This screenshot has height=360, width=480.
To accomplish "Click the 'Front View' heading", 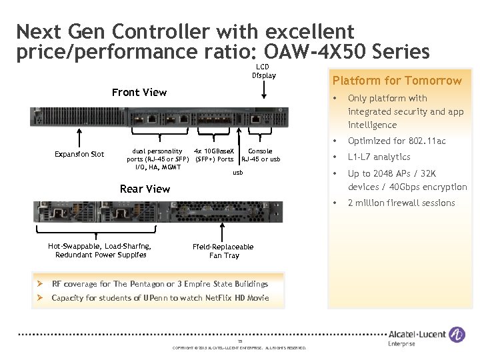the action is pos(139,92).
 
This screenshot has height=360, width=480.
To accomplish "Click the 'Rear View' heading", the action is pos(145,189).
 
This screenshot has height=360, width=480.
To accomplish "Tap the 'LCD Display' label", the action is pos(264,71).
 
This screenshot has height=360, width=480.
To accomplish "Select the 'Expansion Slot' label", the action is pos(79,155).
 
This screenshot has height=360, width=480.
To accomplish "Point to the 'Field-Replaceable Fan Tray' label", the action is pos(223,251).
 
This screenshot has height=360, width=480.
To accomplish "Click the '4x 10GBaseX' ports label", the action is pos(214,151).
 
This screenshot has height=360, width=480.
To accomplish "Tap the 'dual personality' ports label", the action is pos(157,151).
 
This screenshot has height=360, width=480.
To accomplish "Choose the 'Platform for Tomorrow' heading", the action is pos(397,81).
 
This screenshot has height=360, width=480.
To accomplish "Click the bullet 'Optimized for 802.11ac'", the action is pos(397,141).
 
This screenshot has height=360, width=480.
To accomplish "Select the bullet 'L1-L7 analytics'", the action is pos(379,157).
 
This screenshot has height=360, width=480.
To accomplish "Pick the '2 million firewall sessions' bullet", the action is pos(401,203).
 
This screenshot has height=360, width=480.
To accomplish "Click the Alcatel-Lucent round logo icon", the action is pos(457,335).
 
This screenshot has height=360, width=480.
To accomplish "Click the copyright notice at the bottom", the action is pos(239,348).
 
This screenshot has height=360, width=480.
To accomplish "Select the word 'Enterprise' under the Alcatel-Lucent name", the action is pos(401,344).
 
